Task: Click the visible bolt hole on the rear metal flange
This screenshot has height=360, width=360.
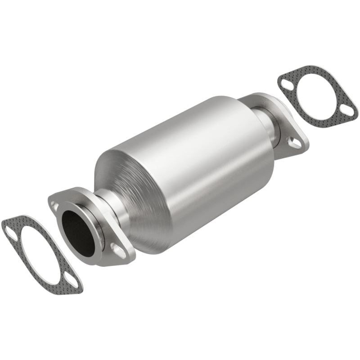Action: click(296, 143)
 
